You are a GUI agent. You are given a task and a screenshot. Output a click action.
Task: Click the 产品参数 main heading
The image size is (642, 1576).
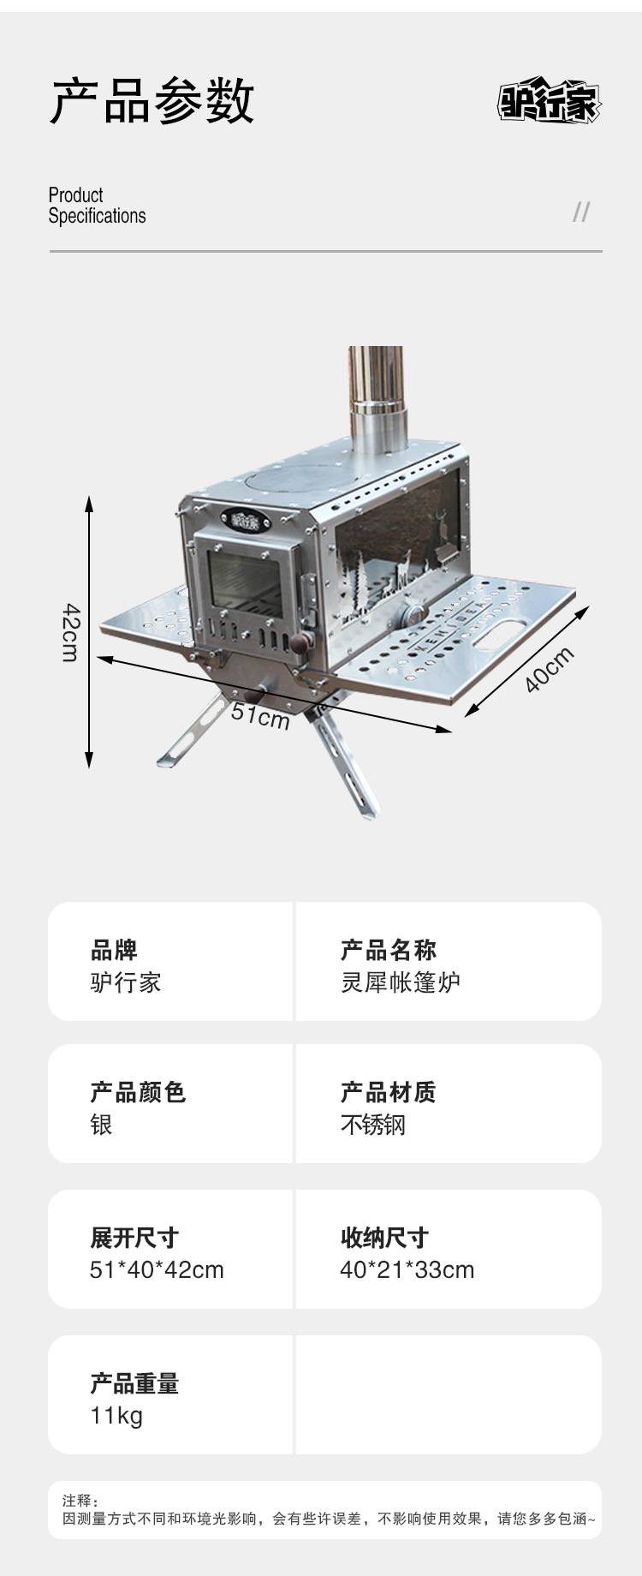click(x=152, y=101)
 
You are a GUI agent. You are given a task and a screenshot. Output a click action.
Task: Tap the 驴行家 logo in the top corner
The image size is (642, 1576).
click(x=550, y=103)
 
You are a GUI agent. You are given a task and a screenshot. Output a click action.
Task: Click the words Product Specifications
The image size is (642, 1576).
click(x=97, y=206)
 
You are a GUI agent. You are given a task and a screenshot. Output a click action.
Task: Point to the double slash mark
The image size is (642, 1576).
click(x=581, y=212)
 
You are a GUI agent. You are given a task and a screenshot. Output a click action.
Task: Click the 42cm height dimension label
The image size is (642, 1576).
click(x=71, y=632)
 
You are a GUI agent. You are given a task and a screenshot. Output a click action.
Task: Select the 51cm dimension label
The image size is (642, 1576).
click(x=260, y=713)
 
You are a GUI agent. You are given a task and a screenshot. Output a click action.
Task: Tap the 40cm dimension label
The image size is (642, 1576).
click(x=549, y=669)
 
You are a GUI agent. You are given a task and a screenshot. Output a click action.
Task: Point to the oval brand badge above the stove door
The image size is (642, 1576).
click(x=245, y=519)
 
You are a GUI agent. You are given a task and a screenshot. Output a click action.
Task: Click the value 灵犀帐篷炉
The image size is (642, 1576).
click(x=401, y=982)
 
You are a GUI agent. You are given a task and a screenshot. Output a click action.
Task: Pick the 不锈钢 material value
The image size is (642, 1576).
click(x=373, y=1124)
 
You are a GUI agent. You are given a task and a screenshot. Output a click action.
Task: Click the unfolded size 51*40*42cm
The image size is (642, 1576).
click(x=157, y=1269)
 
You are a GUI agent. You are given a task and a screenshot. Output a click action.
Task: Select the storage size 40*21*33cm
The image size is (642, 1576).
click(x=407, y=1269)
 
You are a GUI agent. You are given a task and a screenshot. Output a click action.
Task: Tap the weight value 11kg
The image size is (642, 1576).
click(x=116, y=1415)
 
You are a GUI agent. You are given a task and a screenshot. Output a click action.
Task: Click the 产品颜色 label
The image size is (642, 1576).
click(x=138, y=1092)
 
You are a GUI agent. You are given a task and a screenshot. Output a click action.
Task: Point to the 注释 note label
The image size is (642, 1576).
click(x=80, y=1501)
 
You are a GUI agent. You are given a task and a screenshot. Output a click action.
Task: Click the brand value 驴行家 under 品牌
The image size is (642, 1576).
click(x=126, y=982)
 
